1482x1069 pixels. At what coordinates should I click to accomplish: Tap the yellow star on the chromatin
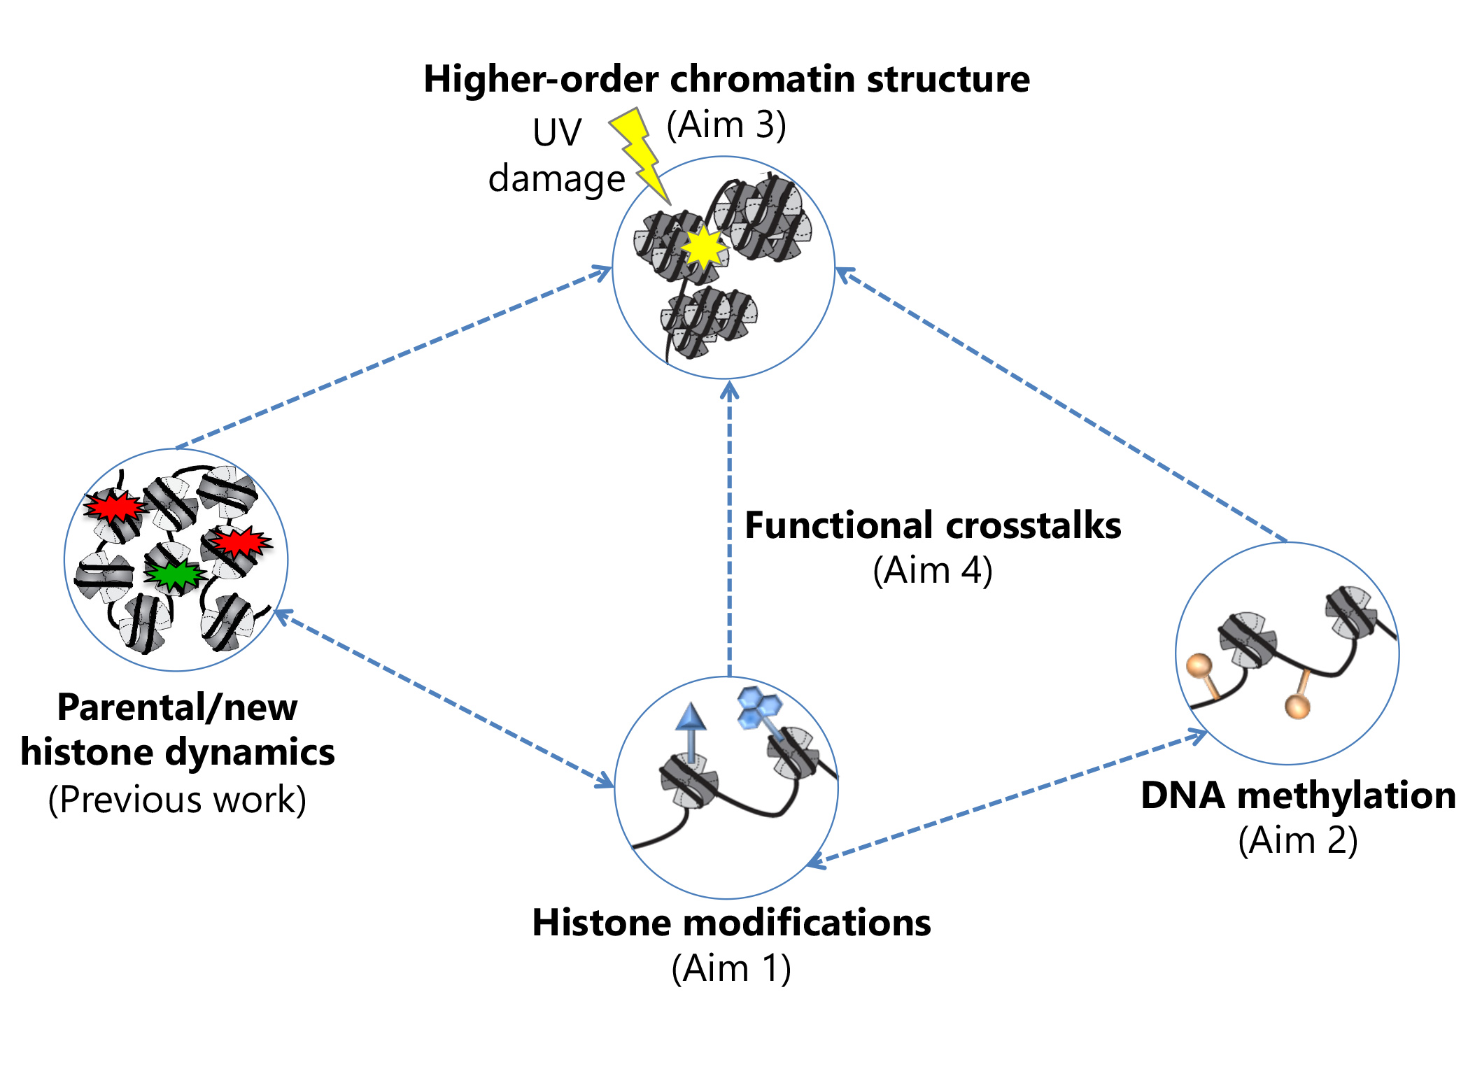704,247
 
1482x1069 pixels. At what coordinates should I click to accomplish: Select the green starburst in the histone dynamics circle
174,575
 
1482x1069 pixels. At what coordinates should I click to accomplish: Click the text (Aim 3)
726,125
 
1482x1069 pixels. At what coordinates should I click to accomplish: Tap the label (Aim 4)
932,571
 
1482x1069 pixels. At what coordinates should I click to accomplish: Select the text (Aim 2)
1297,840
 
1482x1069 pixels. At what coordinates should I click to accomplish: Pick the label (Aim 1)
731,969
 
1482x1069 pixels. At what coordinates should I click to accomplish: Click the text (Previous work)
177,800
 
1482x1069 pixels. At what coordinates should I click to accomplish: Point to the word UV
556,132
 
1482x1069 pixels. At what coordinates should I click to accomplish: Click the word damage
556,179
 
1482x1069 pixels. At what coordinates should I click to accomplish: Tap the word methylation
1346,795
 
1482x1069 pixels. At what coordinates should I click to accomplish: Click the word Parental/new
177,707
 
